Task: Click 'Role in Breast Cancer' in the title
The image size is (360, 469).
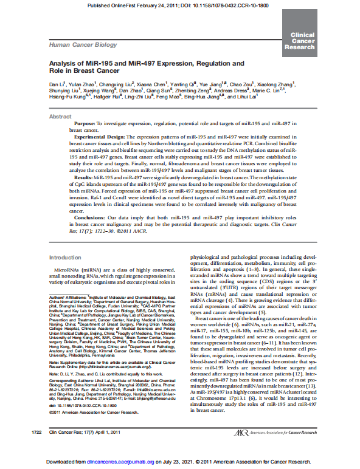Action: (x=79, y=70)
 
